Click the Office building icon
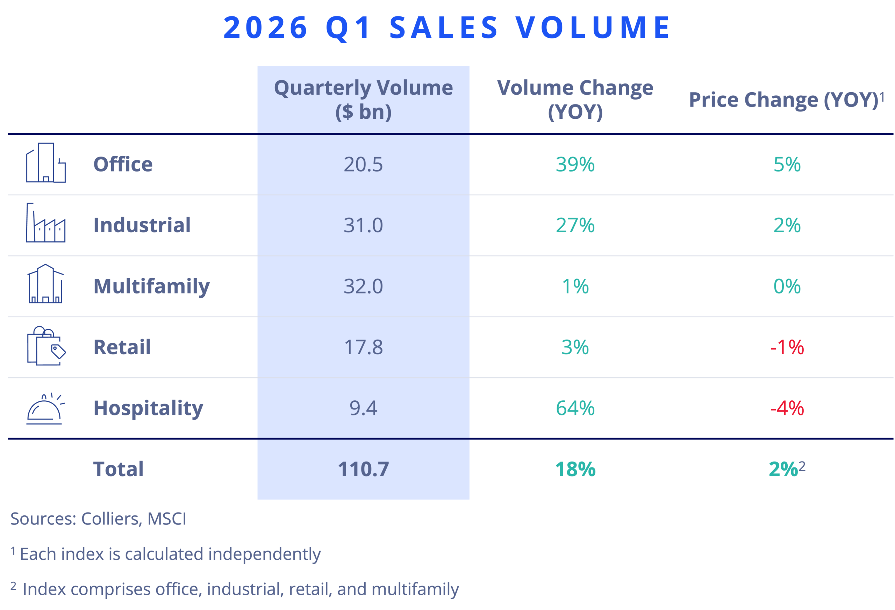tap(46, 163)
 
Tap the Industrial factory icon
tap(45, 223)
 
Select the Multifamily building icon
tap(45, 284)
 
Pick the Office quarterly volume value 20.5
tap(363, 164)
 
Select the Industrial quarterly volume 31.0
tap(363, 225)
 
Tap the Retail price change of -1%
tap(787, 347)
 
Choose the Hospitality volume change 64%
tap(575, 408)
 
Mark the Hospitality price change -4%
tap(787, 408)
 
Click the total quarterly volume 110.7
tap(363, 469)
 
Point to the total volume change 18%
tap(575, 469)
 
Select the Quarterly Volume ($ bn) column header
tap(363, 99)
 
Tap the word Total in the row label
tap(118, 469)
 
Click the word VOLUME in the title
tap(593, 28)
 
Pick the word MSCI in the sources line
tap(166, 519)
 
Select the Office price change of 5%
tap(787, 164)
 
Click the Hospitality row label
tap(148, 408)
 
